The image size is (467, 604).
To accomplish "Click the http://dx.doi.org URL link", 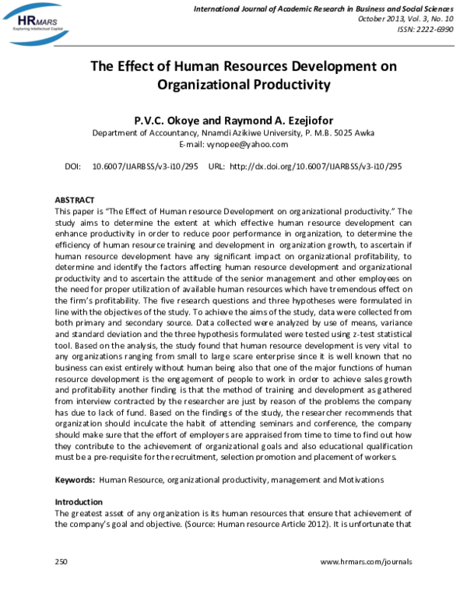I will point(316,167).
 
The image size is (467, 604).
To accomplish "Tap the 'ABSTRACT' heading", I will point(75,200).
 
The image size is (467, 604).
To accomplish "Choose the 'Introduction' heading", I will point(79,502).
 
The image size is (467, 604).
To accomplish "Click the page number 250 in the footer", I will point(61,561).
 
